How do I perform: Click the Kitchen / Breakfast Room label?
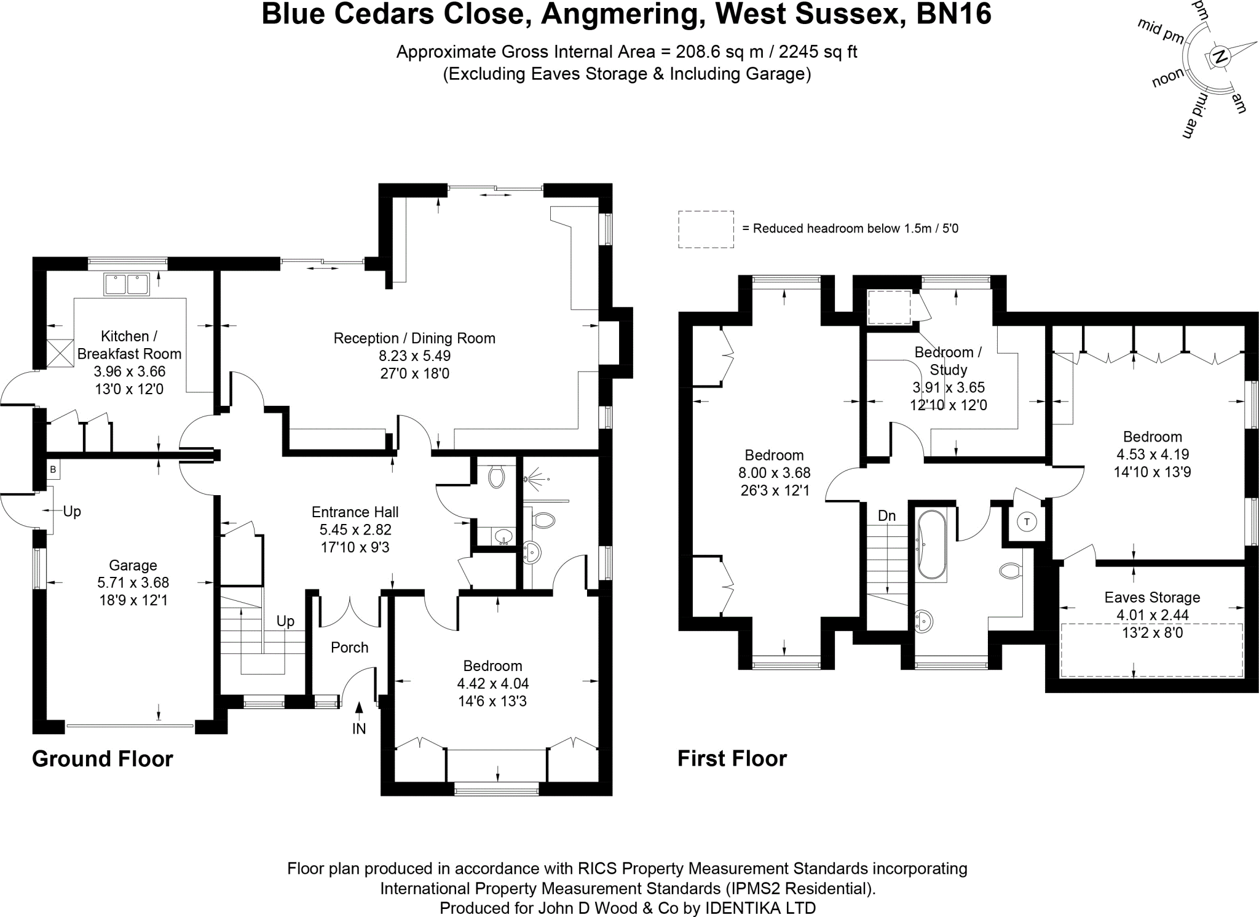[129, 345]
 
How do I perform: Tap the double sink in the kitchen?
[127, 285]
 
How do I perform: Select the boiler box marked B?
[53, 470]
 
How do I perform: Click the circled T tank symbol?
[1027, 522]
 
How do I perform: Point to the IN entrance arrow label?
[359, 729]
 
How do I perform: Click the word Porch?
[349, 647]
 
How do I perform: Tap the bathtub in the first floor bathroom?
[931, 545]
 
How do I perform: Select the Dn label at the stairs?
[886, 516]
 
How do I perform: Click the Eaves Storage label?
[1152, 597]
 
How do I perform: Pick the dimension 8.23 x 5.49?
[414, 355]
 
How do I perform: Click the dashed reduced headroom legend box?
[706, 229]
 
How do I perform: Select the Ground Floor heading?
[103, 759]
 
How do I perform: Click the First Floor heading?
[732, 759]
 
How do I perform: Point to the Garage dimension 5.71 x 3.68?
[133, 582]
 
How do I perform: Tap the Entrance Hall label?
[355, 512]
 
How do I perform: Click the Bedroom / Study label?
[948, 361]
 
